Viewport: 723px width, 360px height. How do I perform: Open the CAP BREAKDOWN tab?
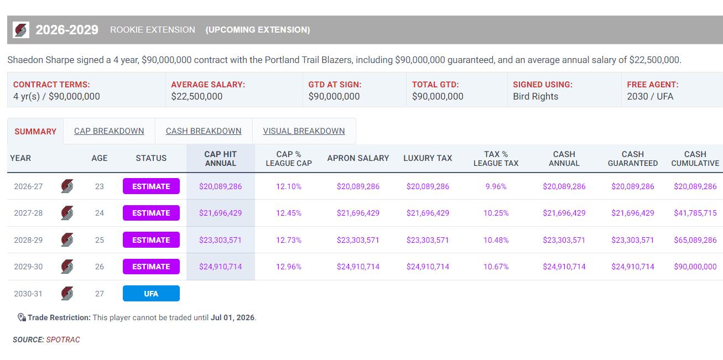(109, 131)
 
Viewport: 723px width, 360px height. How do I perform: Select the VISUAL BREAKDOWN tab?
(304, 131)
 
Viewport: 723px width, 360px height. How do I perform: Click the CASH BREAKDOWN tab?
(204, 131)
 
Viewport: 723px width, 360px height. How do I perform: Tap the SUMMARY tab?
(35, 132)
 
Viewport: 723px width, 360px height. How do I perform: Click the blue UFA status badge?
(151, 294)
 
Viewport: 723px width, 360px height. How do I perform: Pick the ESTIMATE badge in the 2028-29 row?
(151, 240)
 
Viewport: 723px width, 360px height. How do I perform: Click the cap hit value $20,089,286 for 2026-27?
(220, 186)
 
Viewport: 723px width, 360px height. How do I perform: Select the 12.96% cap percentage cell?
(289, 267)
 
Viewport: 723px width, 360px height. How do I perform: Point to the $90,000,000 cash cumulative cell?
(695, 267)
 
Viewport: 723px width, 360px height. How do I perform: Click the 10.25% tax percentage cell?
(496, 213)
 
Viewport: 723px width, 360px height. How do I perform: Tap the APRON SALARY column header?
(358, 158)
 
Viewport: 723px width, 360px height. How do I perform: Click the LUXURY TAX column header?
(428, 158)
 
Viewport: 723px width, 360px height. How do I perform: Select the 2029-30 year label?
(28, 267)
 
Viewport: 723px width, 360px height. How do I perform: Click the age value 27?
(100, 294)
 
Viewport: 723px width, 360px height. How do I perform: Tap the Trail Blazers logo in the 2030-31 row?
(67, 294)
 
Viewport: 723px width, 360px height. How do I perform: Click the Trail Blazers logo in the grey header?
(21, 30)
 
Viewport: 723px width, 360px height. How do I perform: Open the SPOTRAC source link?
(63, 340)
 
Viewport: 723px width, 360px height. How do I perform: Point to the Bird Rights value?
(535, 96)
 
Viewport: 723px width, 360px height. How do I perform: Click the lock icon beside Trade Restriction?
(22, 317)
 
